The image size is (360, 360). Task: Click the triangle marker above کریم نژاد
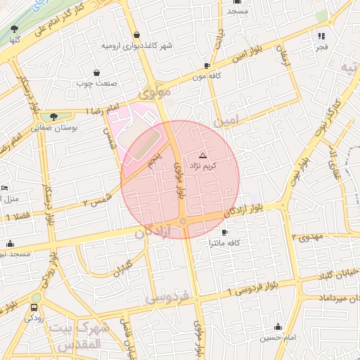pos(203,155)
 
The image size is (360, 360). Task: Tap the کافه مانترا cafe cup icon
pos(224,232)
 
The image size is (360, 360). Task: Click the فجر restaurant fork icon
pos(321,36)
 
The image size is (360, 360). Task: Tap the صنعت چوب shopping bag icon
pos(96,72)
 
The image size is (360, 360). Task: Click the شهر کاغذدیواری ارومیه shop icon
pos(136,35)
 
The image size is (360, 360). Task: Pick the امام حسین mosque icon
pos(278,327)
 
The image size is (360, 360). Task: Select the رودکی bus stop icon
pos(34,307)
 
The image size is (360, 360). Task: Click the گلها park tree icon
pos(14,29)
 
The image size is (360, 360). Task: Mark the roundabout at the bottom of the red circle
pos(183,222)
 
